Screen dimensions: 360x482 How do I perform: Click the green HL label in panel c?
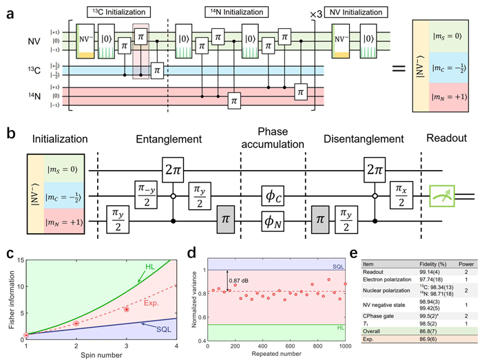pyautogui.click(x=150, y=266)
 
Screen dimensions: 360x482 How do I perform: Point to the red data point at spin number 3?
pyautogui.click(x=127, y=309)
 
